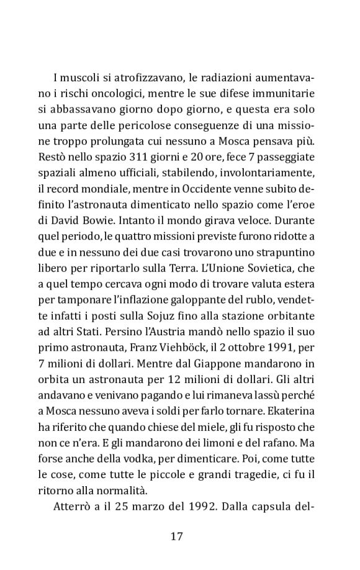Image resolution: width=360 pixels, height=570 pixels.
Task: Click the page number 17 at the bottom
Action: [176, 536]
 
